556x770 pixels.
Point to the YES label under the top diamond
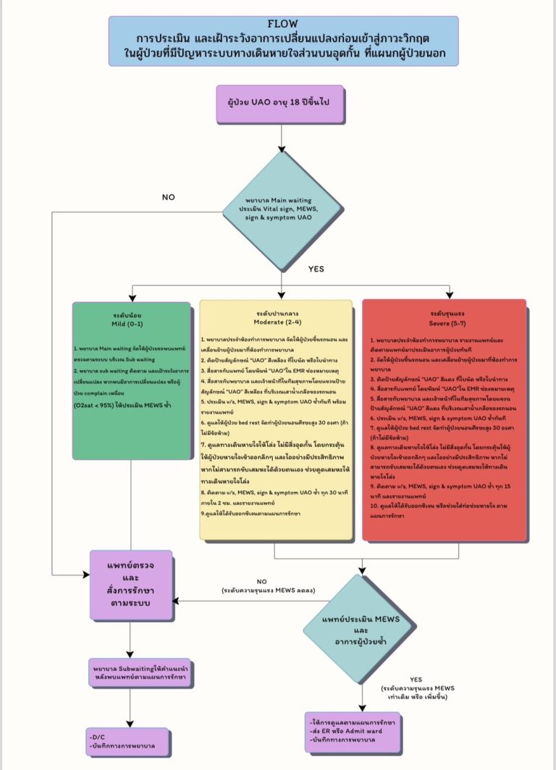click(x=316, y=268)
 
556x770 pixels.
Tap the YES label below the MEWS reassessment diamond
click(x=416, y=679)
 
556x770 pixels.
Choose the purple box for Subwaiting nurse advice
click(x=131, y=671)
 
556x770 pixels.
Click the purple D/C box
click(x=131, y=740)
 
